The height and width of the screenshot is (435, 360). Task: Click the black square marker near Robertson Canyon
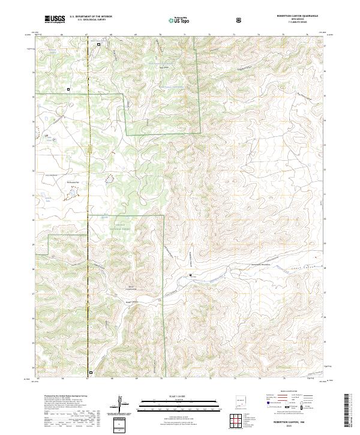pos(191,275)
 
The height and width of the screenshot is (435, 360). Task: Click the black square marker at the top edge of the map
pos(99,44)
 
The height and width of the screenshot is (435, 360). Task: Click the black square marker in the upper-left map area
pos(68,89)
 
